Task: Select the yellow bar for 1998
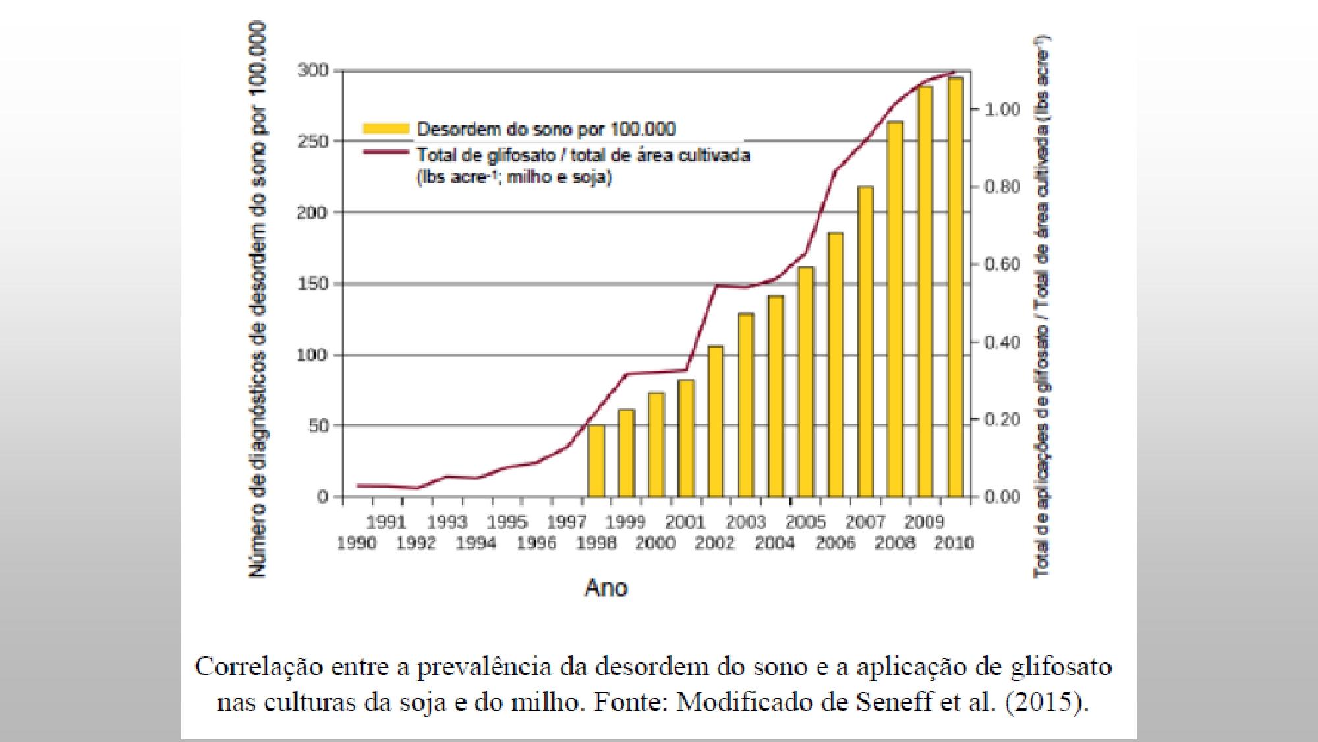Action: coord(596,461)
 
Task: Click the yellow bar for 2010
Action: coord(955,288)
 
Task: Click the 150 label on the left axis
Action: coord(312,284)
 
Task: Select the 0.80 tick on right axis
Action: coord(1002,187)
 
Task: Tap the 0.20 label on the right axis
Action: coord(1002,419)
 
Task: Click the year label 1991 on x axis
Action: coord(386,522)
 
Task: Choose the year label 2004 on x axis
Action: coord(774,543)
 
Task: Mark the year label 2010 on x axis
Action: coord(954,543)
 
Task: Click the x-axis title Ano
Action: coord(606,588)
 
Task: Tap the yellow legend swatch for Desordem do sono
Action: coord(386,129)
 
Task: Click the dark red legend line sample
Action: coord(386,152)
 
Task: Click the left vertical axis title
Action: coord(257,300)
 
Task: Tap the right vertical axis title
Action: coord(1042,307)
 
